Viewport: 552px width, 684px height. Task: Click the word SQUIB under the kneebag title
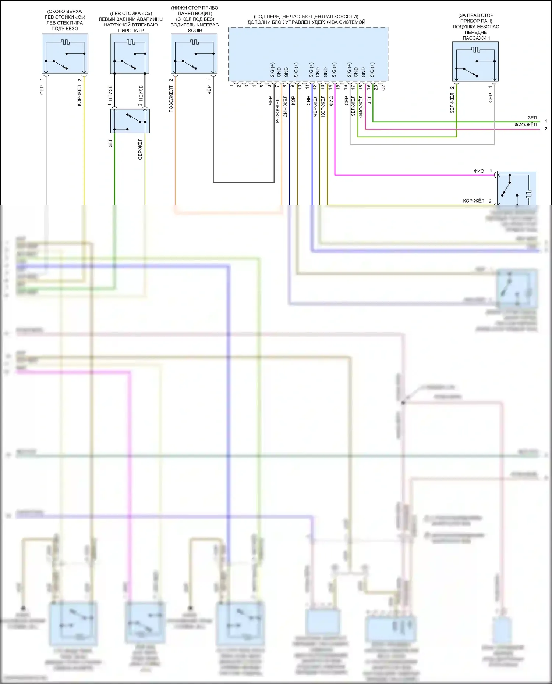tap(195, 31)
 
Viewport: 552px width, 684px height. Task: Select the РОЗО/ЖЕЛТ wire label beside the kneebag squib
tap(171, 99)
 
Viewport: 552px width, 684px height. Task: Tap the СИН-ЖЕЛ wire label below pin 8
tap(285, 107)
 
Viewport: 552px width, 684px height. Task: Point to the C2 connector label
tap(383, 87)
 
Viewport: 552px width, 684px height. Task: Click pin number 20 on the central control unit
tap(375, 87)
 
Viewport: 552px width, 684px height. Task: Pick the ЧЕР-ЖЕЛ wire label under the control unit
tap(315, 106)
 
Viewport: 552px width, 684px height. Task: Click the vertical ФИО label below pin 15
tap(331, 101)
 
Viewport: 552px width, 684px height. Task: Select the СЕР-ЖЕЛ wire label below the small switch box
tap(140, 149)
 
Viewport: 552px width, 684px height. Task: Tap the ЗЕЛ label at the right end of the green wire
tap(532, 118)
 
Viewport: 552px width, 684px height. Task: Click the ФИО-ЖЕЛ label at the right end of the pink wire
tap(526, 125)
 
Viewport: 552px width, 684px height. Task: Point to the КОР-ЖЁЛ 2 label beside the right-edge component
tap(477, 201)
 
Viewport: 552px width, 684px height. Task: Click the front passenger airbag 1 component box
tap(475, 61)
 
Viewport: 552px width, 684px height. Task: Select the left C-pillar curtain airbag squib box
tap(65, 54)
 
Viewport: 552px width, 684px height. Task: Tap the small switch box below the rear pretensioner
tap(130, 121)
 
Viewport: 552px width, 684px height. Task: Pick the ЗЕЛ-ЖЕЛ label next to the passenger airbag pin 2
tap(452, 103)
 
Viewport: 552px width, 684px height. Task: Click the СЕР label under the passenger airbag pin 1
tap(491, 97)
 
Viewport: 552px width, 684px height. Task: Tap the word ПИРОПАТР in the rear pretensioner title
tap(131, 31)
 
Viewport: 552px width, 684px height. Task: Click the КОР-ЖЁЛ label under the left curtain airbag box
tap(79, 96)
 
